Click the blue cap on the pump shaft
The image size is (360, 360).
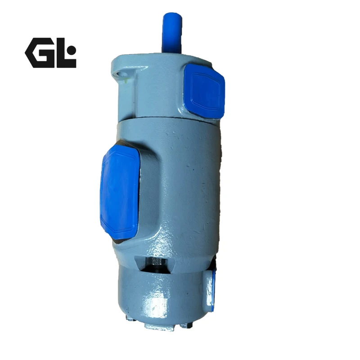[172, 35]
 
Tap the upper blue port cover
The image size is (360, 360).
[204, 91]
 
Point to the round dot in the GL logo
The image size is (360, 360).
[72, 49]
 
